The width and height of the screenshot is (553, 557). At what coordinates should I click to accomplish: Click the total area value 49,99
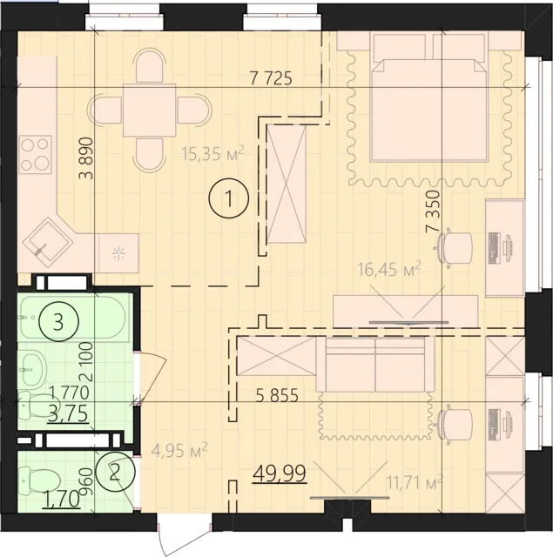point(272,473)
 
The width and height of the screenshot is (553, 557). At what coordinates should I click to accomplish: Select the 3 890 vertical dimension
point(85,159)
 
